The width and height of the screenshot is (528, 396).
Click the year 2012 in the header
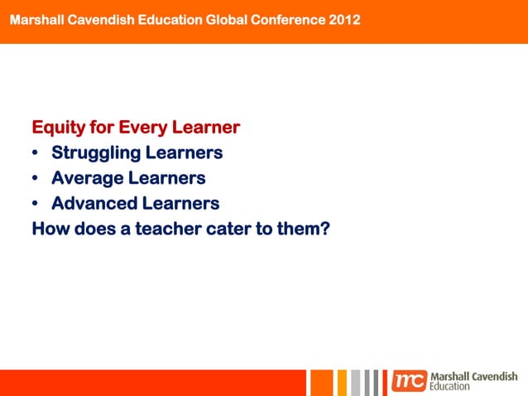click(344, 19)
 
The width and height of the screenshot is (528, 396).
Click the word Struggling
click(95, 153)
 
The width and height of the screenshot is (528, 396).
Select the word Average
click(89, 178)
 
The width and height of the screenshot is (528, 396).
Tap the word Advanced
click(94, 203)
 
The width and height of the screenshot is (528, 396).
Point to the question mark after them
click(325, 228)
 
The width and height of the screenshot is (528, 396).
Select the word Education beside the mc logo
click(450, 387)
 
